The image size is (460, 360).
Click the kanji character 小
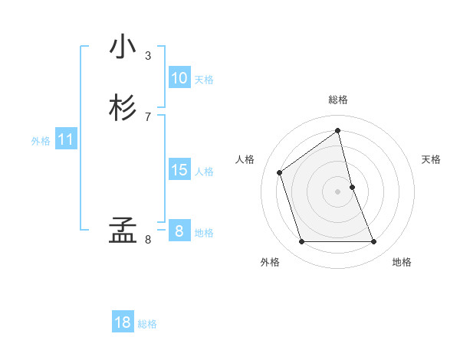[x=123, y=47]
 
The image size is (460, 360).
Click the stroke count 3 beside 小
[x=148, y=56]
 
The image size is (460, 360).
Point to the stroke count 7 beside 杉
[x=148, y=117]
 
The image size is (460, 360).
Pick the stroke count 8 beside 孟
[x=148, y=240]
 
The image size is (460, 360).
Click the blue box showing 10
[x=179, y=78]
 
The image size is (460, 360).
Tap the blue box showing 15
[x=179, y=170]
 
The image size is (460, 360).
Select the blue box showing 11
[x=66, y=140]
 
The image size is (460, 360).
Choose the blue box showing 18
[x=123, y=322]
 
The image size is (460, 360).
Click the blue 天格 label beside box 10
[x=204, y=80]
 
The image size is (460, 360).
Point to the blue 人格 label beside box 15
[x=204, y=172]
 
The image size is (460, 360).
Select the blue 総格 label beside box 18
[x=147, y=324]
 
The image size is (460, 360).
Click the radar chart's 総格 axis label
[x=338, y=100]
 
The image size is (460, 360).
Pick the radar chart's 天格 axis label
[x=432, y=159]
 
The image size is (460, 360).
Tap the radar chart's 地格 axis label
[x=402, y=262]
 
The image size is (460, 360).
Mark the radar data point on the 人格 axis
[x=280, y=172]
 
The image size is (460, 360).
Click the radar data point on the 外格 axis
[x=301, y=242]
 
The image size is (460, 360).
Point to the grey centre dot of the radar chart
[x=338, y=191]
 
